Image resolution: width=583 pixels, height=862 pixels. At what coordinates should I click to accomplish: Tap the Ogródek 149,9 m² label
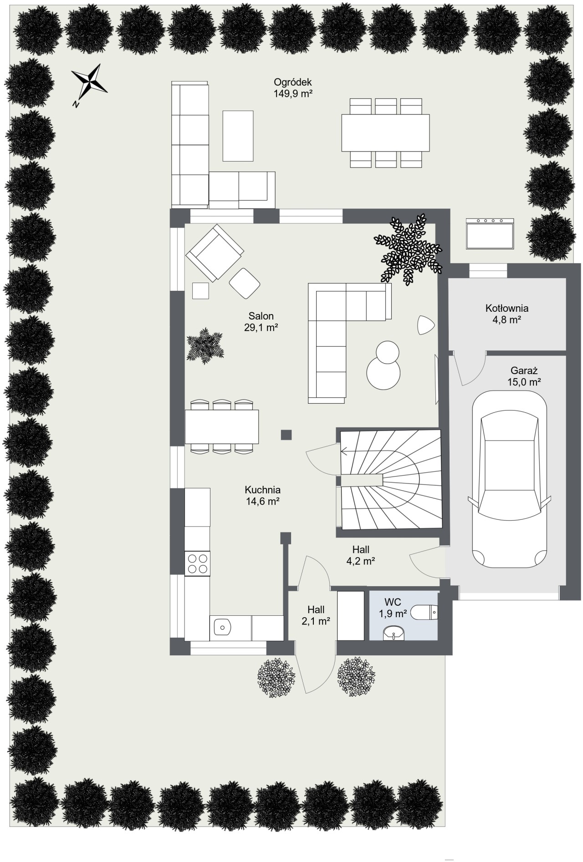click(x=292, y=88)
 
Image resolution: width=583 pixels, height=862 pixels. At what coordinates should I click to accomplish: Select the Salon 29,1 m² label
click(x=261, y=321)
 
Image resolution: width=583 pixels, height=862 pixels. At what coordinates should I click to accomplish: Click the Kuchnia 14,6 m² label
click(x=262, y=496)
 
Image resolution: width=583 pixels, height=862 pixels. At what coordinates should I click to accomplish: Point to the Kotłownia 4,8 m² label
click(x=507, y=314)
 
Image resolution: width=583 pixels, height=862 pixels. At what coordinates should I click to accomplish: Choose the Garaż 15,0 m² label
click(x=524, y=376)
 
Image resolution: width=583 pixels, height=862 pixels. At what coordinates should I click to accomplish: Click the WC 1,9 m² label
click(x=393, y=608)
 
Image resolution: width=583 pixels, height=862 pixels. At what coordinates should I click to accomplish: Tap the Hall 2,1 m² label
click(x=316, y=614)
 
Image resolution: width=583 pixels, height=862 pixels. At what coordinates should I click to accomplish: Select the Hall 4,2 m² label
click(x=361, y=555)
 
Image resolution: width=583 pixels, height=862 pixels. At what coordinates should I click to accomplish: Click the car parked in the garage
click(x=509, y=480)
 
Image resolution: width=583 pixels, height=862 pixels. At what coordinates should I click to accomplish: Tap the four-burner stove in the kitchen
click(x=198, y=563)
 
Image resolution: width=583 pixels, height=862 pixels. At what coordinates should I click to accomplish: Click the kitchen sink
click(x=222, y=628)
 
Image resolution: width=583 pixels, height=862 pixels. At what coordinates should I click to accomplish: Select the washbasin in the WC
click(x=394, y=632)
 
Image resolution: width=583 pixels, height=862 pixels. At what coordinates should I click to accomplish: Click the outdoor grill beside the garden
click(x=490, y=233)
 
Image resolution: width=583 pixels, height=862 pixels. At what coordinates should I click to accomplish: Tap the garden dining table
click(x=385, y=132)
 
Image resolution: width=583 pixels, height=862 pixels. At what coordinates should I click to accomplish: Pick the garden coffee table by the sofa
click(x=238, y=136)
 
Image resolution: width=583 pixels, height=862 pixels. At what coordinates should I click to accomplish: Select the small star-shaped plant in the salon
click(x=205, y=345)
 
